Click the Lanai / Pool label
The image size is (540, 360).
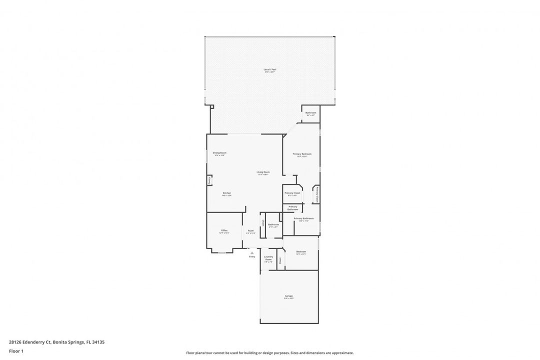pos(270,69)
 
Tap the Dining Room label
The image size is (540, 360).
pos(219,152)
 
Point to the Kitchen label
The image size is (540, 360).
pos(226,193)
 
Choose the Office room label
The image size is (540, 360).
pos(224,230)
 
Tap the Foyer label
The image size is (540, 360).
pos(250,230)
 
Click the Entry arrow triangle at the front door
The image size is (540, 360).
pos(252,253)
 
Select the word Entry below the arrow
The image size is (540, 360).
pos(252,256)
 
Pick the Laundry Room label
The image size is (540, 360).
pos(268,258)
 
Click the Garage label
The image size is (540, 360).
pos(288,296)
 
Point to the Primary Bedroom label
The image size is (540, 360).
pos(302,154)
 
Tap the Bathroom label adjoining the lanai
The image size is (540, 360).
pos(311,113)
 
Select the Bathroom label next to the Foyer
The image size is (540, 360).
pos(273,224)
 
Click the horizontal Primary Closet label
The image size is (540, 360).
pos(292,193)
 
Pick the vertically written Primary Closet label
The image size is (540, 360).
pos(317,194)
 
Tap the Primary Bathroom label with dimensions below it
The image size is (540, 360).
pos(303,218)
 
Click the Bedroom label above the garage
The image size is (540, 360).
pos(301,251)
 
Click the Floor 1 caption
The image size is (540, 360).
pos(16,351)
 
